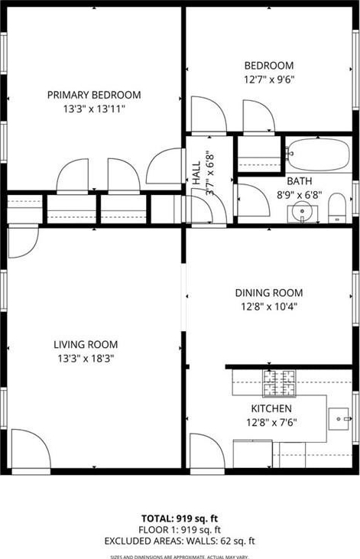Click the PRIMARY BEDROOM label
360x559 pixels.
click(94, 95)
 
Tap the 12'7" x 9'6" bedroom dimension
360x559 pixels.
click(269, 79)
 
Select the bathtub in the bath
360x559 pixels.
click(318, 154)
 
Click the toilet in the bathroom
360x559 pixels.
click(337, 208)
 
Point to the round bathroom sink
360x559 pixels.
click(302, 211)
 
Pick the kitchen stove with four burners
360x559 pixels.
click(279, 383)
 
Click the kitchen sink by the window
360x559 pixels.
click(339, 419)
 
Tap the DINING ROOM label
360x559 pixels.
click(269, 293)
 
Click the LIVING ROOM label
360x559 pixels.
click(86, 345)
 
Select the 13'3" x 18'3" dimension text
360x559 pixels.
click(86, 359)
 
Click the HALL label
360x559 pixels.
click(196, 174)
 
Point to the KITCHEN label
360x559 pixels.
click(271, 408)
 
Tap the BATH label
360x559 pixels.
click(300, 181)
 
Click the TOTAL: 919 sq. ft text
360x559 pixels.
click(180, 518)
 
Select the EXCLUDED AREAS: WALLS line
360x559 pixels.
click(180, 541)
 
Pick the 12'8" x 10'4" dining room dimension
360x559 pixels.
click(269, 306)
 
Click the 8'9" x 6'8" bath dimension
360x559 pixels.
click(300, 195)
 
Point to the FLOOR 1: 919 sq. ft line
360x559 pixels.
click(180, 530)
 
